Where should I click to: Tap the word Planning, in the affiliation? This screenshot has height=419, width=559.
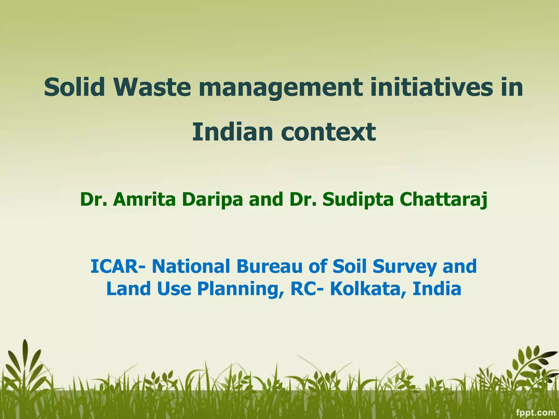(x=240, y=289)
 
